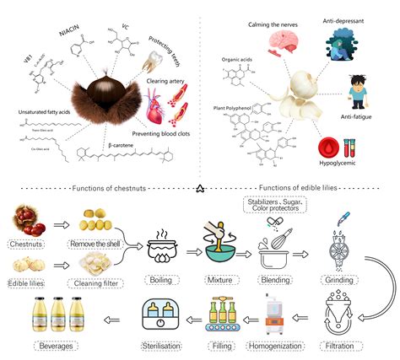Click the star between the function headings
(x=200, y=186)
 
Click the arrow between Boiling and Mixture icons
(x=188, y=233)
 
